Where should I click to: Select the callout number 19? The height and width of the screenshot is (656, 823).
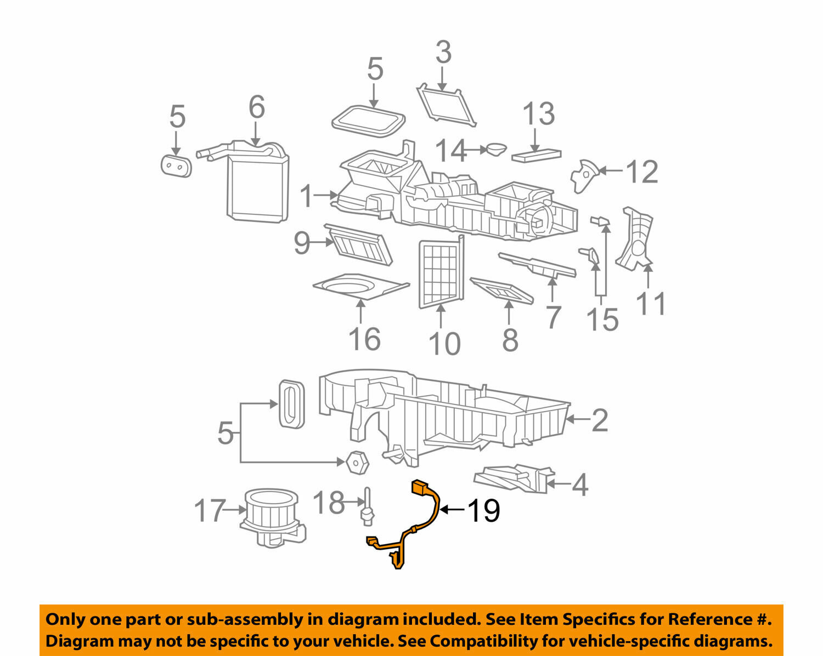483,511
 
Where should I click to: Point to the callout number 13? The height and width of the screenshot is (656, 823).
538,115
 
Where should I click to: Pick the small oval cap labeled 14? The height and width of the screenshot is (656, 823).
497,149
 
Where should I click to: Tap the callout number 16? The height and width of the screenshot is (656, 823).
364,339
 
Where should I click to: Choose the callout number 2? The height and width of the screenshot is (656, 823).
600,420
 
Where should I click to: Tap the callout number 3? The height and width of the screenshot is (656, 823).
443,53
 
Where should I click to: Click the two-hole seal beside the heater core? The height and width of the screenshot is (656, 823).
176,165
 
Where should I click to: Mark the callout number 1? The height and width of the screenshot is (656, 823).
307,196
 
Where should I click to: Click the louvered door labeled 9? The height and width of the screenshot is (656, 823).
359,245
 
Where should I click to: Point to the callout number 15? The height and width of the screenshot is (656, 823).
602,320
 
